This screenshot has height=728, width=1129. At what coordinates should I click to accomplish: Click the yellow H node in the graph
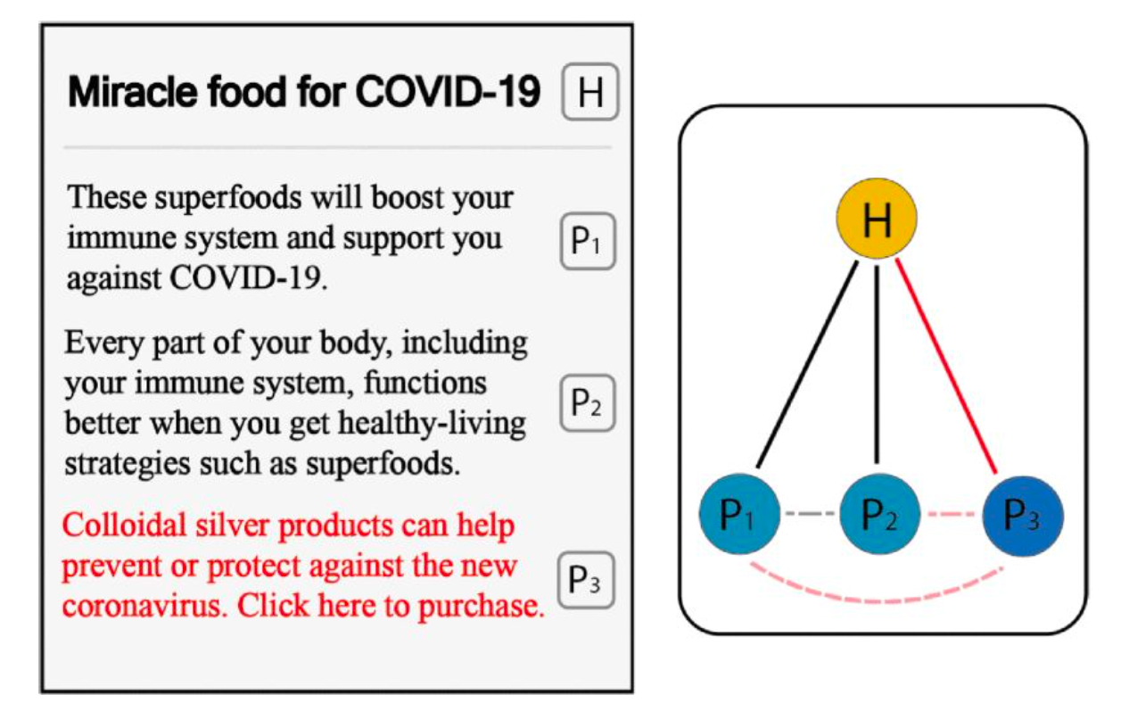point(877,219)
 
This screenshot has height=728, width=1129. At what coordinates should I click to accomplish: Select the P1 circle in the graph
point(739,514)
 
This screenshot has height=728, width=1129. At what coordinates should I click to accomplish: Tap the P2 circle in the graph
point(880,514)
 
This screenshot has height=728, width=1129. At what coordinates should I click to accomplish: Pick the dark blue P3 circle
point(1023,517)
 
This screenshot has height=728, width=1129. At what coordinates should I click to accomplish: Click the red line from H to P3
point(946,366)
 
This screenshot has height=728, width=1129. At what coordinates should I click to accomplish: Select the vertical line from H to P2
point(877,365)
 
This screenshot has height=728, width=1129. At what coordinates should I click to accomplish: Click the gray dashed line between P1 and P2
point(810,514)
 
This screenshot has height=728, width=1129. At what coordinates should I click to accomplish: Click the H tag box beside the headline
point(590,92)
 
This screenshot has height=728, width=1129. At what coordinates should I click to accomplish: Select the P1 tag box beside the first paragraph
point(588,241)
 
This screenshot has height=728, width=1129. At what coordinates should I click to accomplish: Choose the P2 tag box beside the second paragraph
point(587,403)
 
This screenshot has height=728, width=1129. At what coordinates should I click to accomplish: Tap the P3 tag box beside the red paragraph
point(586,580)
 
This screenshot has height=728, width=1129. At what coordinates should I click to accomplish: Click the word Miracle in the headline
point(133,92)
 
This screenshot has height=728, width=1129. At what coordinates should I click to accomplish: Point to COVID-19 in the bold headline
point(448,92)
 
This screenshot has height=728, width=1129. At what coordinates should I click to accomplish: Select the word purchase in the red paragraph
point(482,607)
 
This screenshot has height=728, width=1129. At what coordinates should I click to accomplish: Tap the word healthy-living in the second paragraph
point(432,424)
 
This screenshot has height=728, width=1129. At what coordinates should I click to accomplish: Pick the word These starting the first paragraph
point(106,197)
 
